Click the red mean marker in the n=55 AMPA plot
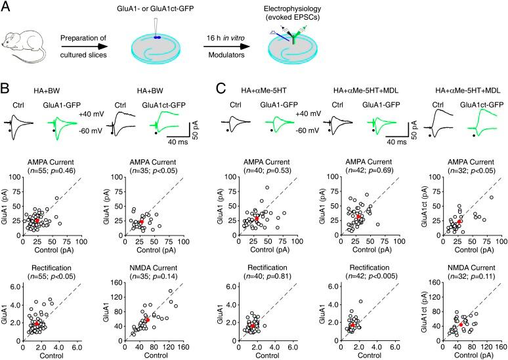tap(35, 221)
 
